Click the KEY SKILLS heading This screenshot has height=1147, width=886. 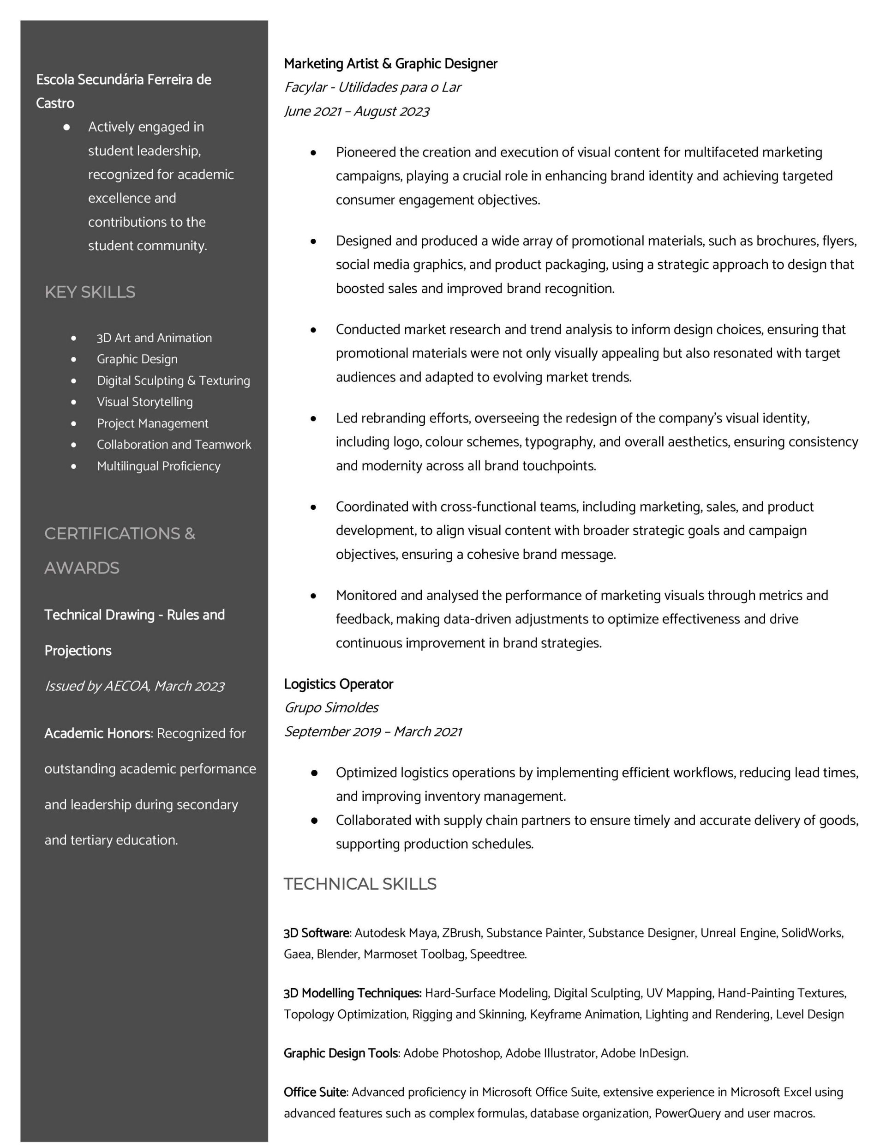(90, 292)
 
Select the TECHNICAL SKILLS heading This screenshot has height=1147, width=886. (360, 884)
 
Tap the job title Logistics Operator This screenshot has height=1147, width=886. (338, 684)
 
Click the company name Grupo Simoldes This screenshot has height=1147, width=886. (331, 707)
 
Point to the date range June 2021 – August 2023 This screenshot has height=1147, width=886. (356, 111)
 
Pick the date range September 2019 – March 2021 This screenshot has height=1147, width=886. (373, 731)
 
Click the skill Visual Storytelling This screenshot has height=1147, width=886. (144, 402)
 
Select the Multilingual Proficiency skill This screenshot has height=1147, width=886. (159, 466)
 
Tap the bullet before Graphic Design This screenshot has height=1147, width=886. (73, 359)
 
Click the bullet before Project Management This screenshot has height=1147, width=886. (73, 423)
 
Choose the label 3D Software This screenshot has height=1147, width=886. (317, 933)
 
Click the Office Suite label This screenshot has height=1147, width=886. (315, 1092)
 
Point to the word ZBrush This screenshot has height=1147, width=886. (461, 933)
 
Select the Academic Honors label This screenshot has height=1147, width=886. (97, 733)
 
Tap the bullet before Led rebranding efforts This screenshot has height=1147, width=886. (313, 418)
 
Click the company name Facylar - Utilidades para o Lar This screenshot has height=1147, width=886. (372, 87)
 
